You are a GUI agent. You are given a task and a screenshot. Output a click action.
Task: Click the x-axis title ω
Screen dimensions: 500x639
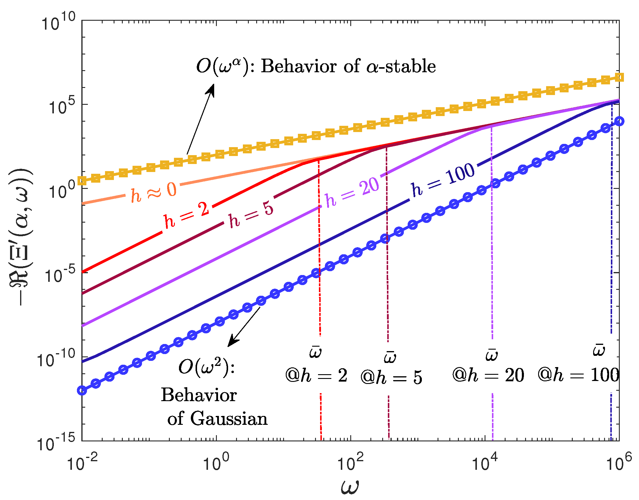(x=350, y=486)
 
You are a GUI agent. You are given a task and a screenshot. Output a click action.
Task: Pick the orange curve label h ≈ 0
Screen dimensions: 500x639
(x=154, y=193)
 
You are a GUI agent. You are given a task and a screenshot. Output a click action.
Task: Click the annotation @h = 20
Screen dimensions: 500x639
(x=488, y=375)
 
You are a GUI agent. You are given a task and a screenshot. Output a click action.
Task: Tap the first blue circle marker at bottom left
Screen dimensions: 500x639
(x=82, y=390)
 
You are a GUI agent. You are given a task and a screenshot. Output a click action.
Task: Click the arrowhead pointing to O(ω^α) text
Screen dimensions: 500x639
(x=211, y=89)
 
